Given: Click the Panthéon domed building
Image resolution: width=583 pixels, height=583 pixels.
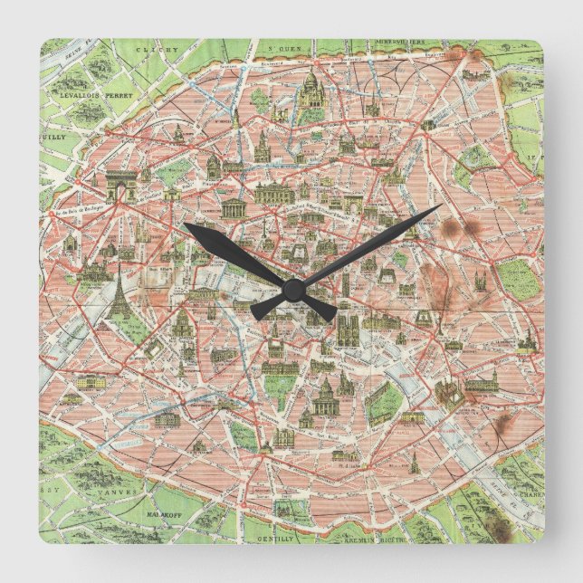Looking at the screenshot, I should click(324, 396).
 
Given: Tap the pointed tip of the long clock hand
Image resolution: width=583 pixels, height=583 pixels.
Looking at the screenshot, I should click(440, 206).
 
